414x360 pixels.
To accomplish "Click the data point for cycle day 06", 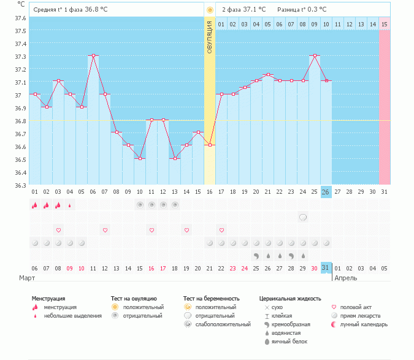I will click(93, 55).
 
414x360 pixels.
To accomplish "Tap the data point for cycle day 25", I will click(315, 55).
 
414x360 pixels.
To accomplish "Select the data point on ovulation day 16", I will click(210, 145).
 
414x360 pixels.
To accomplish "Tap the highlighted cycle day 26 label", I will click(326, 192).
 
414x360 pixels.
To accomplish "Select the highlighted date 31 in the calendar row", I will click(326, 268).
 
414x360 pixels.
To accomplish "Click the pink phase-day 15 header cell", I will click(385, 24).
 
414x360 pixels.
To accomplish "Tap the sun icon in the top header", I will click(210, 10).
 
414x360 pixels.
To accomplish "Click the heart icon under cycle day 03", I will click(58, 230).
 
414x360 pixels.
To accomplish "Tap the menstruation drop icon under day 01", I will click(35, 205).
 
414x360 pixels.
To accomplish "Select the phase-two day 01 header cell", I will click(221, 24).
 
